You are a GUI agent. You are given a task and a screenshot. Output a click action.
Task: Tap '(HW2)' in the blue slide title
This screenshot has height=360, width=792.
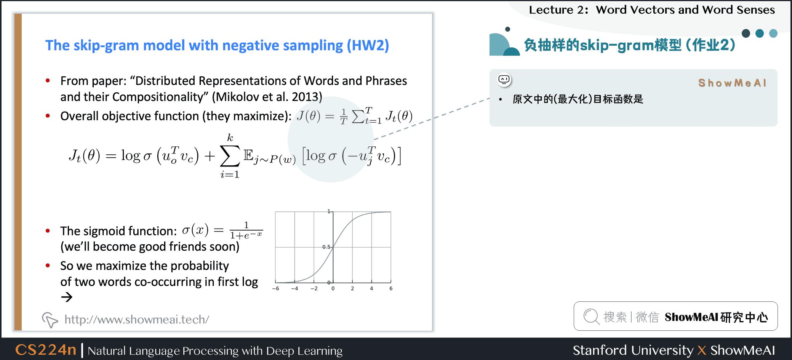click(x=368, y=45)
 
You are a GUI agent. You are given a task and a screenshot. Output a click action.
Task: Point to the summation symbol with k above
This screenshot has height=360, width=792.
click(x=230, y=156)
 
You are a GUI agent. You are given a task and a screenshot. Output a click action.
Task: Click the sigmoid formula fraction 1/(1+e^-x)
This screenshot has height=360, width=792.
click(x=246, y=230)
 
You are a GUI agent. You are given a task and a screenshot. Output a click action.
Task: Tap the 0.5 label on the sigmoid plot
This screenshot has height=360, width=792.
click(x=326, y=247)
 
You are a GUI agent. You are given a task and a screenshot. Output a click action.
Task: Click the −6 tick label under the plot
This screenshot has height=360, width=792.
click(x=275, y=288)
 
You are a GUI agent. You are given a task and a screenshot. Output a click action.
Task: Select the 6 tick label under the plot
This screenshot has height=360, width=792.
click(x=391, y=288)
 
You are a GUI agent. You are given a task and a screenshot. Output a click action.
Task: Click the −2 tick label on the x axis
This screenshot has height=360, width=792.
click(x=314, y=288)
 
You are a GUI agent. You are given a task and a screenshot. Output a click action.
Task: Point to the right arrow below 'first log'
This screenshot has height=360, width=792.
click(x=67, y=297)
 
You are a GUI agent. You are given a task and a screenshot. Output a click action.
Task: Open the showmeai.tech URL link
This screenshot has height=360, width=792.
click(x=136, y=319)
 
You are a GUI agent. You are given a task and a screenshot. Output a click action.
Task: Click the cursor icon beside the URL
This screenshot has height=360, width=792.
click(x=50, y=320)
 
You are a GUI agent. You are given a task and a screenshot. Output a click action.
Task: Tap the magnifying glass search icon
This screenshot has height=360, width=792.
click(x=591, y=317)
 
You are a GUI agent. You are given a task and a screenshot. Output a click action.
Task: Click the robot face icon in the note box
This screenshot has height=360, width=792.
click(x=504, y=80)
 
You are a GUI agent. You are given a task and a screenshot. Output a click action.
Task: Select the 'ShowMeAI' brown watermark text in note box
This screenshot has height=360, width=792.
click(x=732, y=83)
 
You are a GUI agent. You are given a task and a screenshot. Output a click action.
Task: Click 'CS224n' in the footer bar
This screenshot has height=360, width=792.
click(x=46, y=350)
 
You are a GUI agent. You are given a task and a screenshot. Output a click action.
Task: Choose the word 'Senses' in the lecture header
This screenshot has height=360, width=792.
click(x=756, y=10)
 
